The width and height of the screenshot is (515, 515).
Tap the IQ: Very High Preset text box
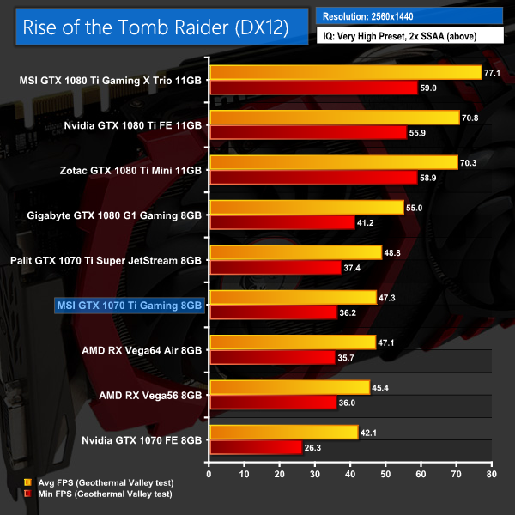point(409,36)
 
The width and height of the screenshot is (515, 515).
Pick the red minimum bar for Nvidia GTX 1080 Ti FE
point(307,132)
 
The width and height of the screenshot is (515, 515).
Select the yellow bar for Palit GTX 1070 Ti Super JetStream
point(294,252)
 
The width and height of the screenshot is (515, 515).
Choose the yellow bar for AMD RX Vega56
point(288,386)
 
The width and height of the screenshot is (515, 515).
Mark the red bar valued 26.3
point(255,446)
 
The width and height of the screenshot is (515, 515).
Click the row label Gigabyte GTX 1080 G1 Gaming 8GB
point(115,215)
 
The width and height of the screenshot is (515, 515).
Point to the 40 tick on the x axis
point(349,473)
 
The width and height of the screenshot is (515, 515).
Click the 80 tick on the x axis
point(491,473)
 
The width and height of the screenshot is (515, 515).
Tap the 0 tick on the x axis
point(209,473)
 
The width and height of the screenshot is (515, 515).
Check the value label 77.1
point(493,73)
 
